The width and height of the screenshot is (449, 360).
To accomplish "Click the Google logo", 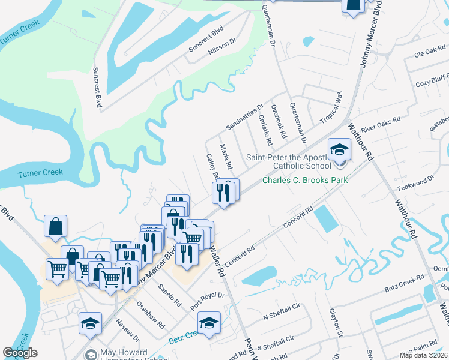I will coord(20,353).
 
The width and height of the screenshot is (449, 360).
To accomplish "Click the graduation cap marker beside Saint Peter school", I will coord(339,149).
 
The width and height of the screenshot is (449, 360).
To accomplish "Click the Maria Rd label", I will coord(226,156).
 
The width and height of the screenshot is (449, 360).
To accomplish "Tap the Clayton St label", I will coord(334,322).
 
